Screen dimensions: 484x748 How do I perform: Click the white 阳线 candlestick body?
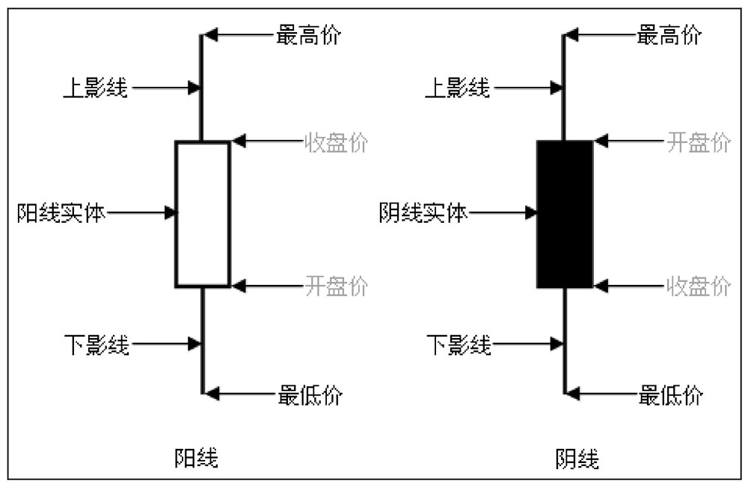pyautogui.click(x=202, y=214)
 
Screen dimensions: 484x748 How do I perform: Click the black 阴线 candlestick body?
pyautogui.click(x=565, y=214)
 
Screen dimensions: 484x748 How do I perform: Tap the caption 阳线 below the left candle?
pyautogui.click(x=197, y=457)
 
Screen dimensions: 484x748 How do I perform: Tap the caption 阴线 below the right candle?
pyautogui.click(x=577, y=457)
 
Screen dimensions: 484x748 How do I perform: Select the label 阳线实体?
pyautogui.click(x=61, y=213)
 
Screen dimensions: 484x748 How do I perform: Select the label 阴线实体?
pyautogui.click(x=423, y=213)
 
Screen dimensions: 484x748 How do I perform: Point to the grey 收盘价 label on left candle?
pyautogui.click(x=336, y=142)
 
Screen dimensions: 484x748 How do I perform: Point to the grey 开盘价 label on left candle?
pyautogui.click(x=336, y=286)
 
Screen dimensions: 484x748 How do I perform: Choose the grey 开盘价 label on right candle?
pyautogui.click(x=699, y=142)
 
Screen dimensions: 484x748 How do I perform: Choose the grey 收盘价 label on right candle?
pyautogui.click(x=699, y=286)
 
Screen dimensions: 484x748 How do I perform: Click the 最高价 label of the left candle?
pyautogui.click(x=308, y=35)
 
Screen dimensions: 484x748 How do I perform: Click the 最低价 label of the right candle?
pyautogui.click(x=671, y=394)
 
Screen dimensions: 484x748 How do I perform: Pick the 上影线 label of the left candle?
pyautogui.click(x=95, y=88)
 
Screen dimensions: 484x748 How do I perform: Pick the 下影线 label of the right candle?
pyautogui.click(x=459, y=345)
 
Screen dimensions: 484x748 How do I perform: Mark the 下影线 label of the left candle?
pyautogui.click(x=96, y=345)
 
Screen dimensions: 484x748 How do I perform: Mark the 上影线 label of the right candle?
pyautogui.click(x=457, y=88)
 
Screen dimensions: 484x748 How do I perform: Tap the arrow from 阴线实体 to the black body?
pyautogui.click(x=503, y=213)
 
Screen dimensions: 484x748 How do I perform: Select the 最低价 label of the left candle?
pyautogui.click(x=309, y=394)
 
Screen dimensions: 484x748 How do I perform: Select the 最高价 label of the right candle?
pyautogui.click(x=670, y=35)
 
